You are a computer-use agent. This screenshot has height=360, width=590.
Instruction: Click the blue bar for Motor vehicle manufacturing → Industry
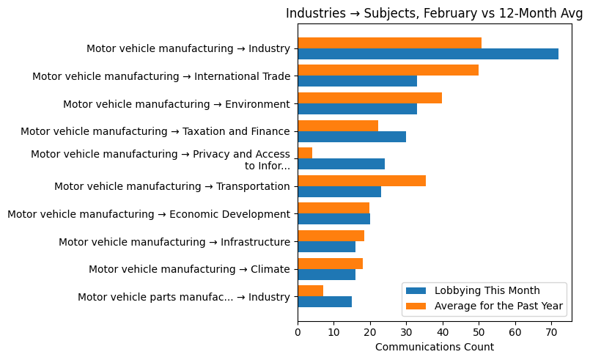point(428,54)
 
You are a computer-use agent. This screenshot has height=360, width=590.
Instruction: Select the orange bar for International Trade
point(388,70)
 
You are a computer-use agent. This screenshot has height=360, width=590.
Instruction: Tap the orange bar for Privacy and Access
point(305,153)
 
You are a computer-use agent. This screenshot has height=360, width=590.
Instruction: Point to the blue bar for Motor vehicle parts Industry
point(325,302)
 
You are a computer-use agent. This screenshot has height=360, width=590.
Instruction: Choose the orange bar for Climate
point(330,264)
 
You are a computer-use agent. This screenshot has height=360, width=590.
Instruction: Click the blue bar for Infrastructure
point(326,247)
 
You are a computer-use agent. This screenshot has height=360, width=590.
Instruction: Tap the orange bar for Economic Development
point(333,208)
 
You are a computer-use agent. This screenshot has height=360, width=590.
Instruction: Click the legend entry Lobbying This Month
point(487,290)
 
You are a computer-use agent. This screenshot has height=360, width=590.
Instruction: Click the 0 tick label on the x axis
point(298,332)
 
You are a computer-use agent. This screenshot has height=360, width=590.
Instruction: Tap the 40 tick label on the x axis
point(443,332)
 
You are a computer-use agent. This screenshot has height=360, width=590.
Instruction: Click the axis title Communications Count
point(434,347)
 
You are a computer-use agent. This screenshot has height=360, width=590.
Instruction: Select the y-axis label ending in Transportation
point(172,187)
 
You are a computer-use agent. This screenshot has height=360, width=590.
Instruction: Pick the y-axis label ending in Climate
point(189,270)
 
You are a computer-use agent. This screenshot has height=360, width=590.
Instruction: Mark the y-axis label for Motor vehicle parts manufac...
point(184,298)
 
